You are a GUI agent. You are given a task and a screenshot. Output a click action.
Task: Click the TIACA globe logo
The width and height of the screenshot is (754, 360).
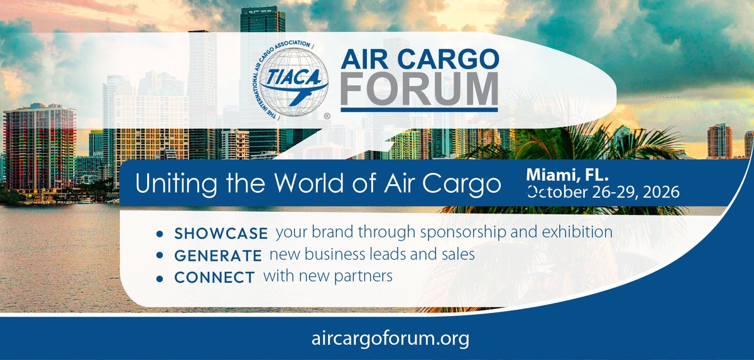[290, 81]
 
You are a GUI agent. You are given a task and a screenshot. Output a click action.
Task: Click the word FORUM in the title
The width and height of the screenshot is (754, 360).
[419, 89]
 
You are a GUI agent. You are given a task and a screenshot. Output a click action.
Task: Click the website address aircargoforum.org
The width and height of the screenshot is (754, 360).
[390, 338]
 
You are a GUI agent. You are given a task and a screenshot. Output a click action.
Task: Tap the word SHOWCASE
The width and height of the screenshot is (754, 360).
[221, 233]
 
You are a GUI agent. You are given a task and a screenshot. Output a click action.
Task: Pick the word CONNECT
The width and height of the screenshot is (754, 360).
[214, 277]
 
